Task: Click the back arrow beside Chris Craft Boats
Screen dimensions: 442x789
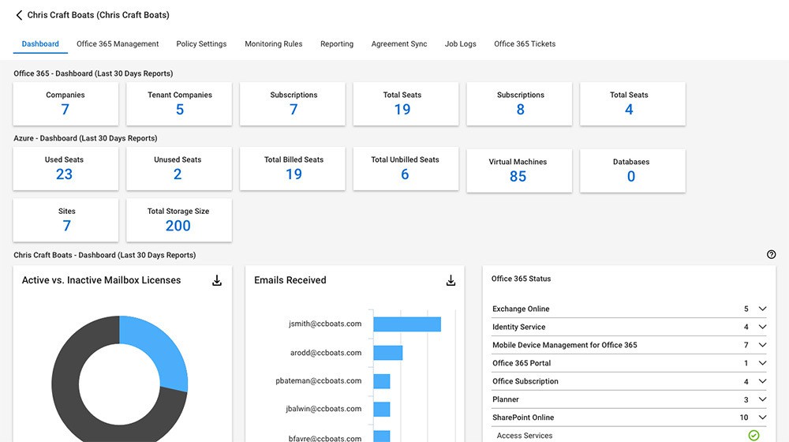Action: (19, 15)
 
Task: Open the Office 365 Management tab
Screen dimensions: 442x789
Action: (118, 44)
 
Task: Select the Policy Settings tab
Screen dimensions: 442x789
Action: (201, 44)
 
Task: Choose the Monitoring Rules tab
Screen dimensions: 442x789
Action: (273, 44)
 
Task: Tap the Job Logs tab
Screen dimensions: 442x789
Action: (460, 44)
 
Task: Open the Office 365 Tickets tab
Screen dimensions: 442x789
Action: (525, 44)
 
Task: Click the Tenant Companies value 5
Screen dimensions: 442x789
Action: (180, 110)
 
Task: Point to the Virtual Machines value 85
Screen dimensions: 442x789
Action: (518, 177)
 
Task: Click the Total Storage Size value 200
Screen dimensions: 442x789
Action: (178, 226)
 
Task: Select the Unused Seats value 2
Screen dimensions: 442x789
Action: (178, 174)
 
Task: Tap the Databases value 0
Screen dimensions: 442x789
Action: (631, 177)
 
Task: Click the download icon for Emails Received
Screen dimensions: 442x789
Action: (451, 280)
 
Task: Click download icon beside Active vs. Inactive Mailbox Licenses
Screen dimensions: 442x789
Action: (217, 280)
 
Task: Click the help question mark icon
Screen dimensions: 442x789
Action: (771, 254)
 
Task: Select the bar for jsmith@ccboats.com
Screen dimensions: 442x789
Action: (407, 324)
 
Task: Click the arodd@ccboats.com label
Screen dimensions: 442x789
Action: (325, 353)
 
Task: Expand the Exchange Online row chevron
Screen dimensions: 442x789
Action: (762, 309)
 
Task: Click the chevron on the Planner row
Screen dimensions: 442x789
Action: (762, 400)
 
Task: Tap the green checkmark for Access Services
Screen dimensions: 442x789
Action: (753, 436)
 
